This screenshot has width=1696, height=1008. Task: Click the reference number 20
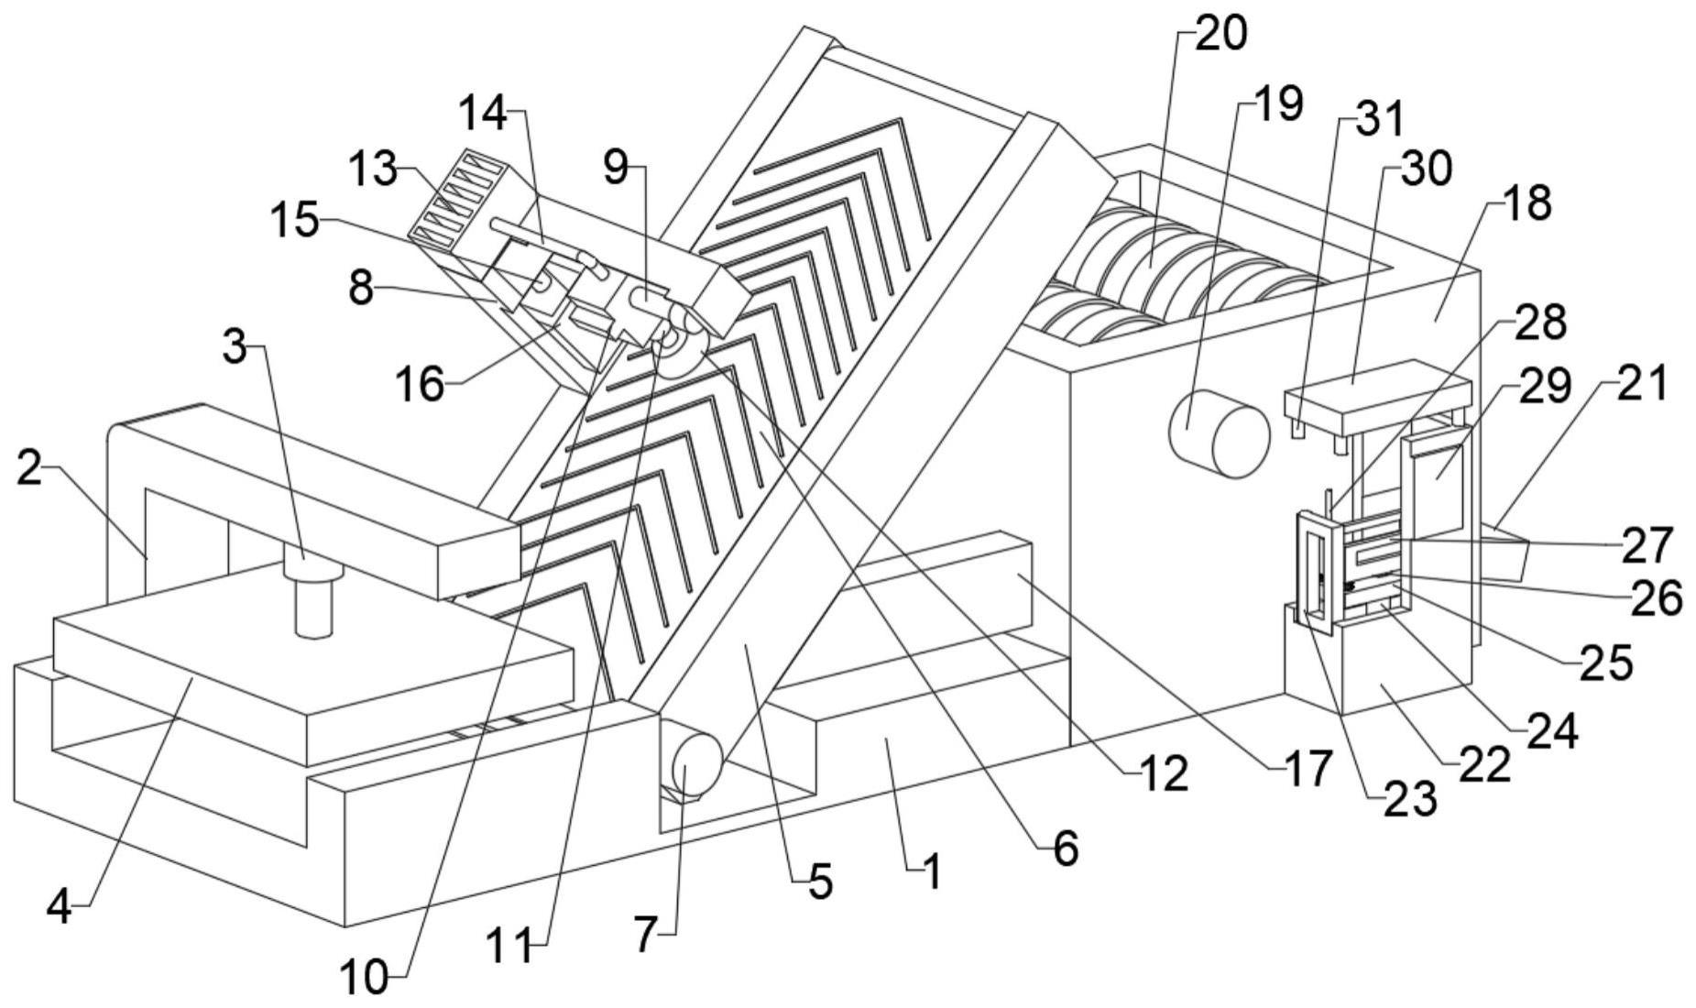[x=1222, y=35]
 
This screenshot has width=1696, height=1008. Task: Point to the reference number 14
[x=482, y=113]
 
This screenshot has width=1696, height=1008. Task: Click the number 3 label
[x=235, y=347]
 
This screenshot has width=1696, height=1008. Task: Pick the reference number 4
[x=59, y=907]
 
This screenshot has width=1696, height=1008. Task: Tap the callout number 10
[x=364, y=979]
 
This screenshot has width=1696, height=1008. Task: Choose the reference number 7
[x=645, y=936]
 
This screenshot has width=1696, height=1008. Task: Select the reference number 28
[x=1540, y=323]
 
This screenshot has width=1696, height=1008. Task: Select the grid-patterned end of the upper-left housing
[x=456, y=198]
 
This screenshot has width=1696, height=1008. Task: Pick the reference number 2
[x=29, y=469]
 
